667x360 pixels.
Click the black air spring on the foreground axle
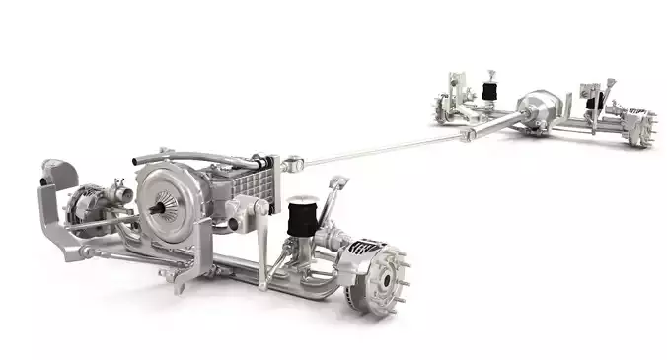[300, 216]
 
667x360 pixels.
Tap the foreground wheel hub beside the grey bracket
[83, 205]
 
